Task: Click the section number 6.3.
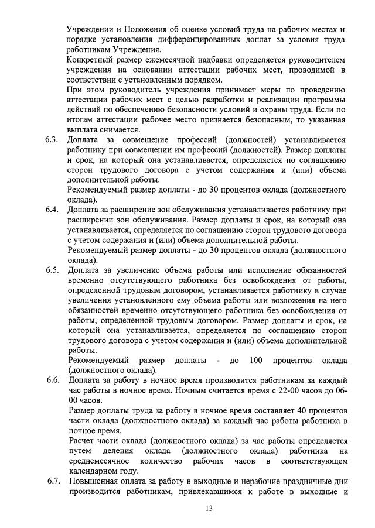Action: click(x=52, y=140)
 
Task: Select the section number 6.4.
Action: click(x=52, y=210)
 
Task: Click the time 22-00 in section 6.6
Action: click(x=272, y=390)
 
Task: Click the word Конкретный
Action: click(x=93, y=60)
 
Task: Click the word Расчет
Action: click(x=83, y=440)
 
